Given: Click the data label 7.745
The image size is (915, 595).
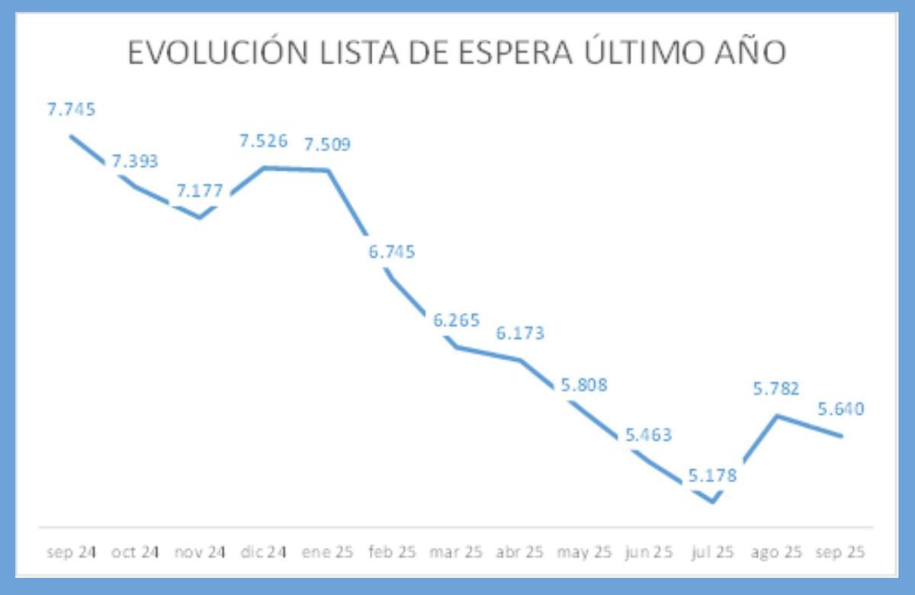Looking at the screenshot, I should [72, 110].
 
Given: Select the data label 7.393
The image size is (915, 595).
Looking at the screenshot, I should [135, 161].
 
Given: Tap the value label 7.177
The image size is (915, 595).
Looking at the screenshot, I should [200, 191].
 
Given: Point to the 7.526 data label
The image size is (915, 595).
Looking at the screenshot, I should [264, 141].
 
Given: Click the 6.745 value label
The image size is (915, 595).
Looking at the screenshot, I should [392, 252].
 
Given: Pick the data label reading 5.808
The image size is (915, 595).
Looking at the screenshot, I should [584, 385].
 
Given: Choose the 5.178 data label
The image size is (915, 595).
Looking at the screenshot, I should [713, 476].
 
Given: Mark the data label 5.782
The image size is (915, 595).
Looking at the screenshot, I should [776, 389].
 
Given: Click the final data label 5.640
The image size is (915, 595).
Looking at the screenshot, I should [841, 410].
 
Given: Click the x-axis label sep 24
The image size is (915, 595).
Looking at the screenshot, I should [72, 552].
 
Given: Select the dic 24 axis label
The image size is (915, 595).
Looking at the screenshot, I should [264, 552].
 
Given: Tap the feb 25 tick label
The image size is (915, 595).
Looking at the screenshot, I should [392, 552].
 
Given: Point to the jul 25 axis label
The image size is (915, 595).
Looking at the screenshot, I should [713, 552].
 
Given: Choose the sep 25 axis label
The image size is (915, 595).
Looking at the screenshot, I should [841, 552].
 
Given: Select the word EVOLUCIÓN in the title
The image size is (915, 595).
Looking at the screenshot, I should [214, 53].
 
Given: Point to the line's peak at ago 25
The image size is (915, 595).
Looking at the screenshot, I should [777, 416].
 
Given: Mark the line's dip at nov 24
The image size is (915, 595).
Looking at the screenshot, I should [200, 217].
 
